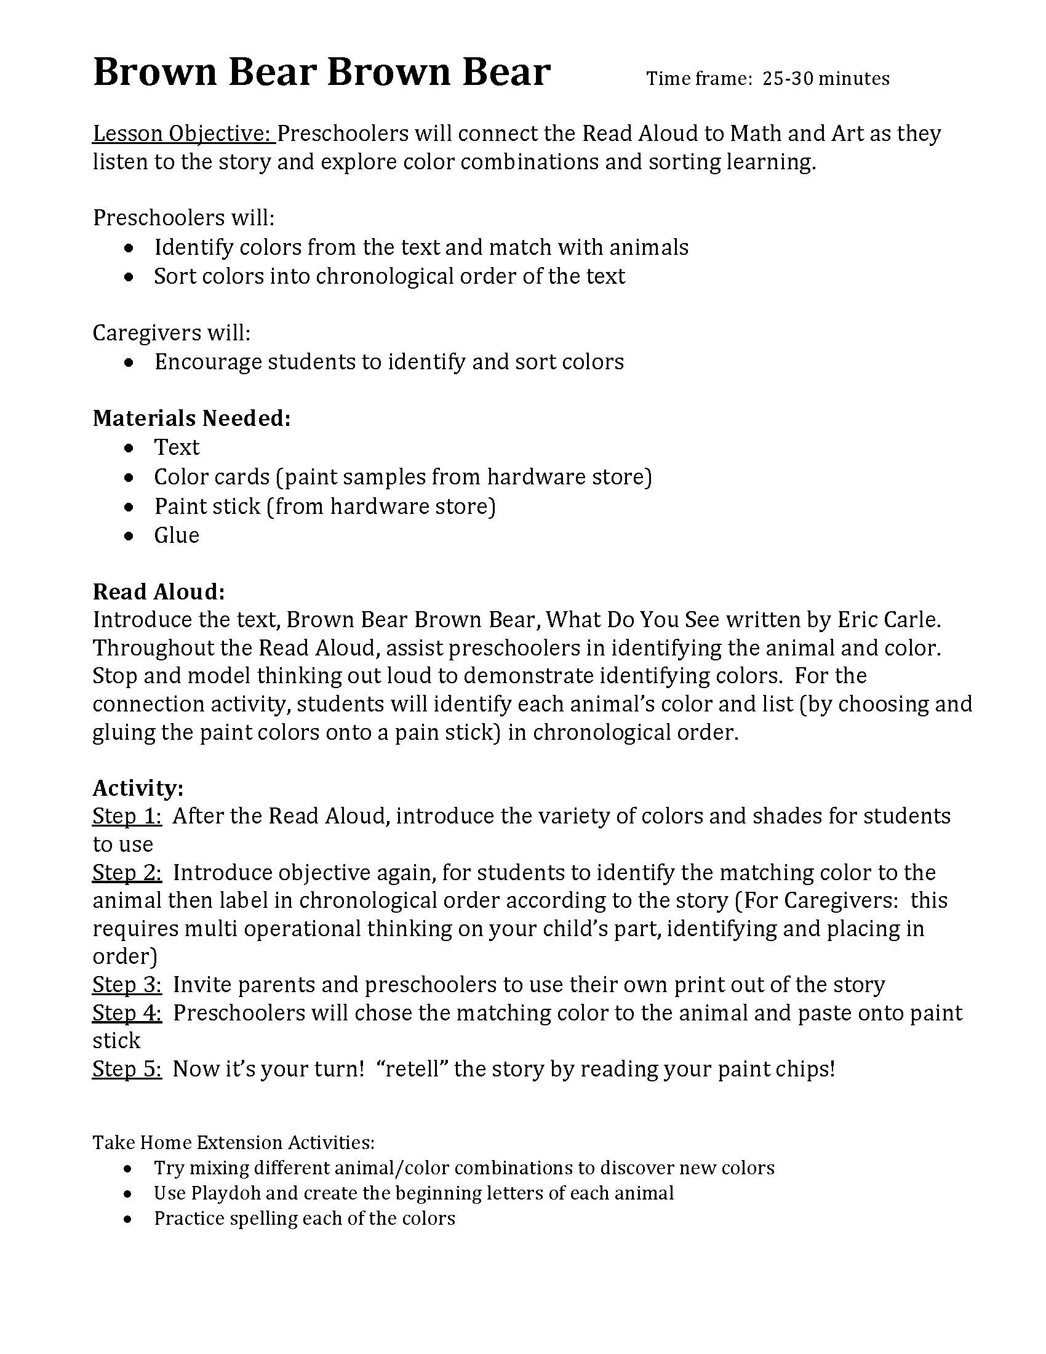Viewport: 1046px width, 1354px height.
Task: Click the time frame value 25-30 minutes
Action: click(x=825, y=79)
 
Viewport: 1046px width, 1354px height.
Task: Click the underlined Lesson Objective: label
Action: click(x=183, y=134)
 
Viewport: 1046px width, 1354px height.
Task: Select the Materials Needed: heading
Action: click(x=191, y=419)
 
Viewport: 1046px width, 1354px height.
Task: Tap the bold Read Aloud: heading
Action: click(x=159, y=592)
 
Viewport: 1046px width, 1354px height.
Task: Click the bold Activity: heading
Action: click(x=138, y=788)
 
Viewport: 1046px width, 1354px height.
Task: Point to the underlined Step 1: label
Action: click(x=127, y=816)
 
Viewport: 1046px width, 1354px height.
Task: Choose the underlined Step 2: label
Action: click(x=127, y=872)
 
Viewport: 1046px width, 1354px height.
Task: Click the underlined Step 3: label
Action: click(x=127, y=985)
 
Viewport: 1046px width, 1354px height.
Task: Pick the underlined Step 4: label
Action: click(x=127, y=1012)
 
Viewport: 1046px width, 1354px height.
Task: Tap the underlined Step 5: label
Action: click(x=127, y=1069)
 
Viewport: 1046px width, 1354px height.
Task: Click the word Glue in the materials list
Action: click(x=177, y=535)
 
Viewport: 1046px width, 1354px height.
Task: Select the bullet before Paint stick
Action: click(x=128, y=507)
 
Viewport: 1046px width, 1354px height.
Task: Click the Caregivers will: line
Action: click(x=172, y=333)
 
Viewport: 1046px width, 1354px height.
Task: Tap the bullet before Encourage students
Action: click(x=128, y=363)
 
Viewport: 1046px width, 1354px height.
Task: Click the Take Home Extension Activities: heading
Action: click(x=234, y=1143)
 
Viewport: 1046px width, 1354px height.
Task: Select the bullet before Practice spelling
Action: click(x=128, y=1219)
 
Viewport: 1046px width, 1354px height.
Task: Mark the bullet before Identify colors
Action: click(x=128, y=248)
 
